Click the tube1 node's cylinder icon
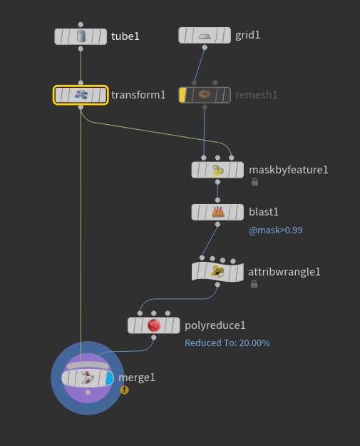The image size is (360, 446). coord(81,36)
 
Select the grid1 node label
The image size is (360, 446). coord(247,35)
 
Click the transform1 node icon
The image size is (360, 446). coord(81,94)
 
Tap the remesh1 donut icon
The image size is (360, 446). coord(205,94)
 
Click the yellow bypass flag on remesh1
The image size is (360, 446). coord(182,95)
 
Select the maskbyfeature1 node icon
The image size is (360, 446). coord(217,170)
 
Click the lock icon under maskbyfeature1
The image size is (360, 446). coord(255,182)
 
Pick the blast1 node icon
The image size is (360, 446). coord(217,212)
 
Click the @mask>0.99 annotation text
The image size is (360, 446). coord(275,230)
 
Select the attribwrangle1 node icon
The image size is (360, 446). coord(217,272)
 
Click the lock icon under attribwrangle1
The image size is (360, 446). coord(254,283)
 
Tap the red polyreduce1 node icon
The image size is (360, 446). coord(154,325)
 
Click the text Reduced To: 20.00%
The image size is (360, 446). coord(227,343)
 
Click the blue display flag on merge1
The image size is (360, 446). coord(109,379)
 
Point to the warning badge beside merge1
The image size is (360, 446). coord(124,390)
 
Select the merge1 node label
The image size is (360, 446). coord(137,377)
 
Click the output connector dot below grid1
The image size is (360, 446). coord(205,48)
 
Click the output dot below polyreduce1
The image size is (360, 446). coord(154,338)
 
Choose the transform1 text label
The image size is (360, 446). coord(138,95)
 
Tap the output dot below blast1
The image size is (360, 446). coord(217,224)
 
